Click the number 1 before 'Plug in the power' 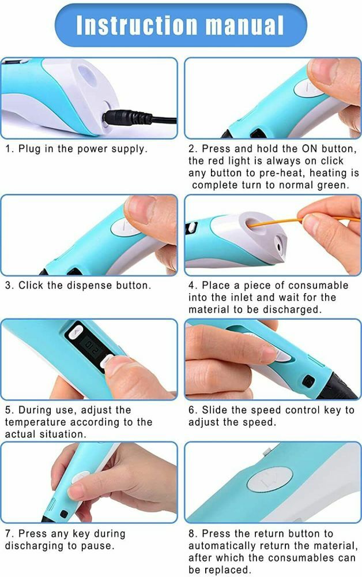pyautogui.click(x=9, y=148)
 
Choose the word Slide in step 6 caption pyautogui.click(x=215, y=410)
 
